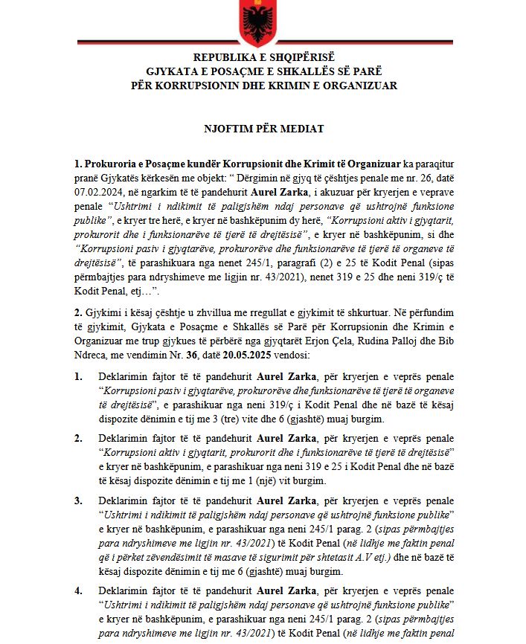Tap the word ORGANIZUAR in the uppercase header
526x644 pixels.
(x=361, y=86)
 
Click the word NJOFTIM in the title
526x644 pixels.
(x=228, y=129)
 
